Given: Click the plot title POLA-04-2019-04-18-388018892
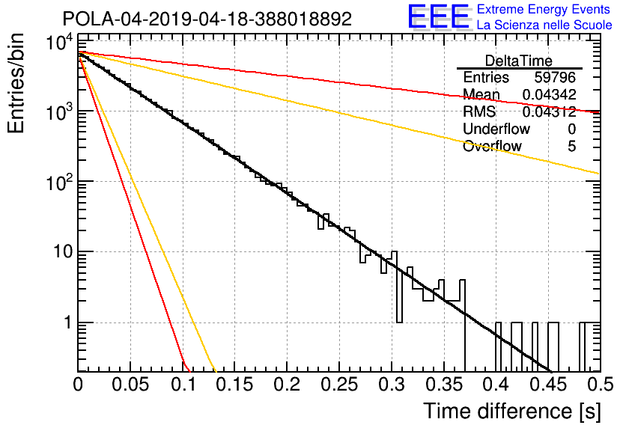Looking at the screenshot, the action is [207, 19].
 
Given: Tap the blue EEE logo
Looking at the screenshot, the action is [438, 16].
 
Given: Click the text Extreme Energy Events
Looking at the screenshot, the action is [544, 9].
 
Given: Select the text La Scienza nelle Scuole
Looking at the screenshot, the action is [544, 25].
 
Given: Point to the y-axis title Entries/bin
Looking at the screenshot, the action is [16, 83].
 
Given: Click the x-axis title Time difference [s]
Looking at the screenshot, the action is [512, 412].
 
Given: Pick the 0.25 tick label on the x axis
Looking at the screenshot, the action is [338, 385].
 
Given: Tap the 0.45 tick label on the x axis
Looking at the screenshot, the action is [548, 385].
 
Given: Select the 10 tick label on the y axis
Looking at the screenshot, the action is [64, 251].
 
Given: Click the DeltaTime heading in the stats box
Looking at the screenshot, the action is [519, 61].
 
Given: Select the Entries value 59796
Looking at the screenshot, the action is [555, 77].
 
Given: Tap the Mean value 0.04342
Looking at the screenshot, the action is [550, 94].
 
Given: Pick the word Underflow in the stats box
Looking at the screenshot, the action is [496, 129].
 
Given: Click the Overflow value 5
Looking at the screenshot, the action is [571, 146].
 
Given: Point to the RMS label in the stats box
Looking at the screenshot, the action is [478, 111].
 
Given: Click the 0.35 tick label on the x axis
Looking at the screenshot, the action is [443, 385].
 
